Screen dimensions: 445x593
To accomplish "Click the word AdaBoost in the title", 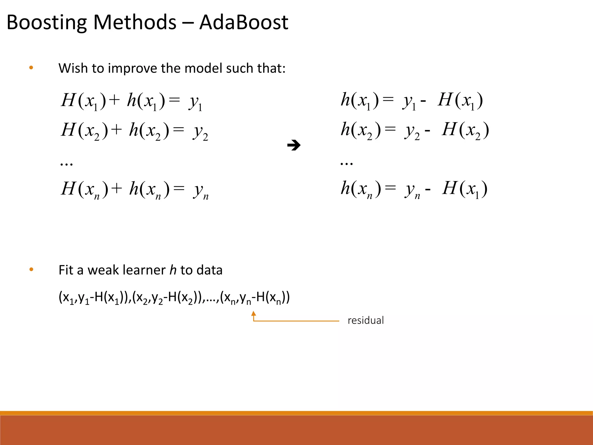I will coord(244,22).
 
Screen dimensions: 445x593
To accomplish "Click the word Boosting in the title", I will coord(46,23).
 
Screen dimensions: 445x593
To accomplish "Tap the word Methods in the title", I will coord(135,22).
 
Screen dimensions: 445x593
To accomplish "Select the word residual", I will coord(365,320).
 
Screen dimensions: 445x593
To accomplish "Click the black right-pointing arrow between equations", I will coord(294,145).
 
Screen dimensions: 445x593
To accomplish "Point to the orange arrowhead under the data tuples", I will coord(254,313).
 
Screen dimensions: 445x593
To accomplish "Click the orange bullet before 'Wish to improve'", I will coord(31,68).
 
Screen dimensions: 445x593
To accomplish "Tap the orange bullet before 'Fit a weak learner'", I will coord(31,270).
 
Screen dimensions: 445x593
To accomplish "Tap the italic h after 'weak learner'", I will coord(173,270).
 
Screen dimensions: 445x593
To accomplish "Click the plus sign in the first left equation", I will coord(115,100).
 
